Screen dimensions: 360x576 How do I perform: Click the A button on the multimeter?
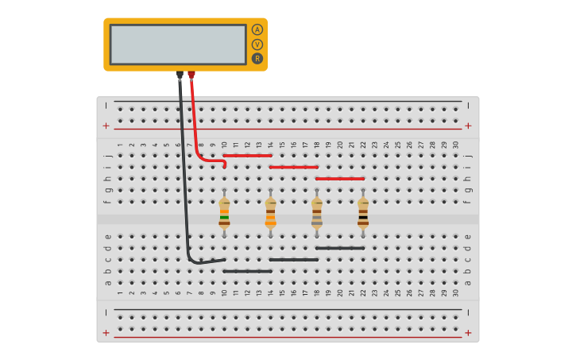pos(257,29)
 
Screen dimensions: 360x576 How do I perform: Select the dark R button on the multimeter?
pos(257,58)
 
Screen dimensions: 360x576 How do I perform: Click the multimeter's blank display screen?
pos(178,45)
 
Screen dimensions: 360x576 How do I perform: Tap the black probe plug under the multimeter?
pos(180,75)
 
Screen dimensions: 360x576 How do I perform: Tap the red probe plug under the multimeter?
pos(191,75)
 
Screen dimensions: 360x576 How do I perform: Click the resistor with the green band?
pos(225,213)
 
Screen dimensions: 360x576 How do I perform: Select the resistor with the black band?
pos(363,213)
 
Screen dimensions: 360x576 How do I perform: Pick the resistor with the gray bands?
pos(317,213)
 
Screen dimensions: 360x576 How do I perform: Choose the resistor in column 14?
pos(271,213)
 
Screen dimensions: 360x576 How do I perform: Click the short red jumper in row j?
pos(248,156)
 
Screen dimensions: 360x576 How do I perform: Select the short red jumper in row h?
pos(340,179)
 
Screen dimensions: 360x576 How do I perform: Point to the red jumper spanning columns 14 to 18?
pos(294,167)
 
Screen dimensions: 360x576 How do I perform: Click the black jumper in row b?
pos(248,271)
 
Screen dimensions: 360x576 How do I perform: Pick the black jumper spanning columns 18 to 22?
pos(340,248)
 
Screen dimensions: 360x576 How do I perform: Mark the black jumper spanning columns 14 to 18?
pos(294,260)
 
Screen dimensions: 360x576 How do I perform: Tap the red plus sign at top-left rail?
pos(106,126)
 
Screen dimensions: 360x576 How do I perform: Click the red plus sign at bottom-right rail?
pos(468,333)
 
